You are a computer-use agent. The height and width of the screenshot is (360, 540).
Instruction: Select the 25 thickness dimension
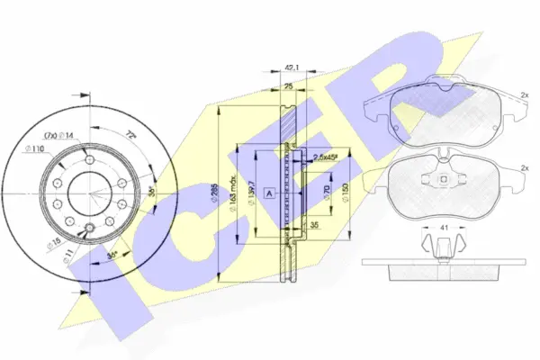289,86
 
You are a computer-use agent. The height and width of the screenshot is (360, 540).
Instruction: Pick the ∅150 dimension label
346,193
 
